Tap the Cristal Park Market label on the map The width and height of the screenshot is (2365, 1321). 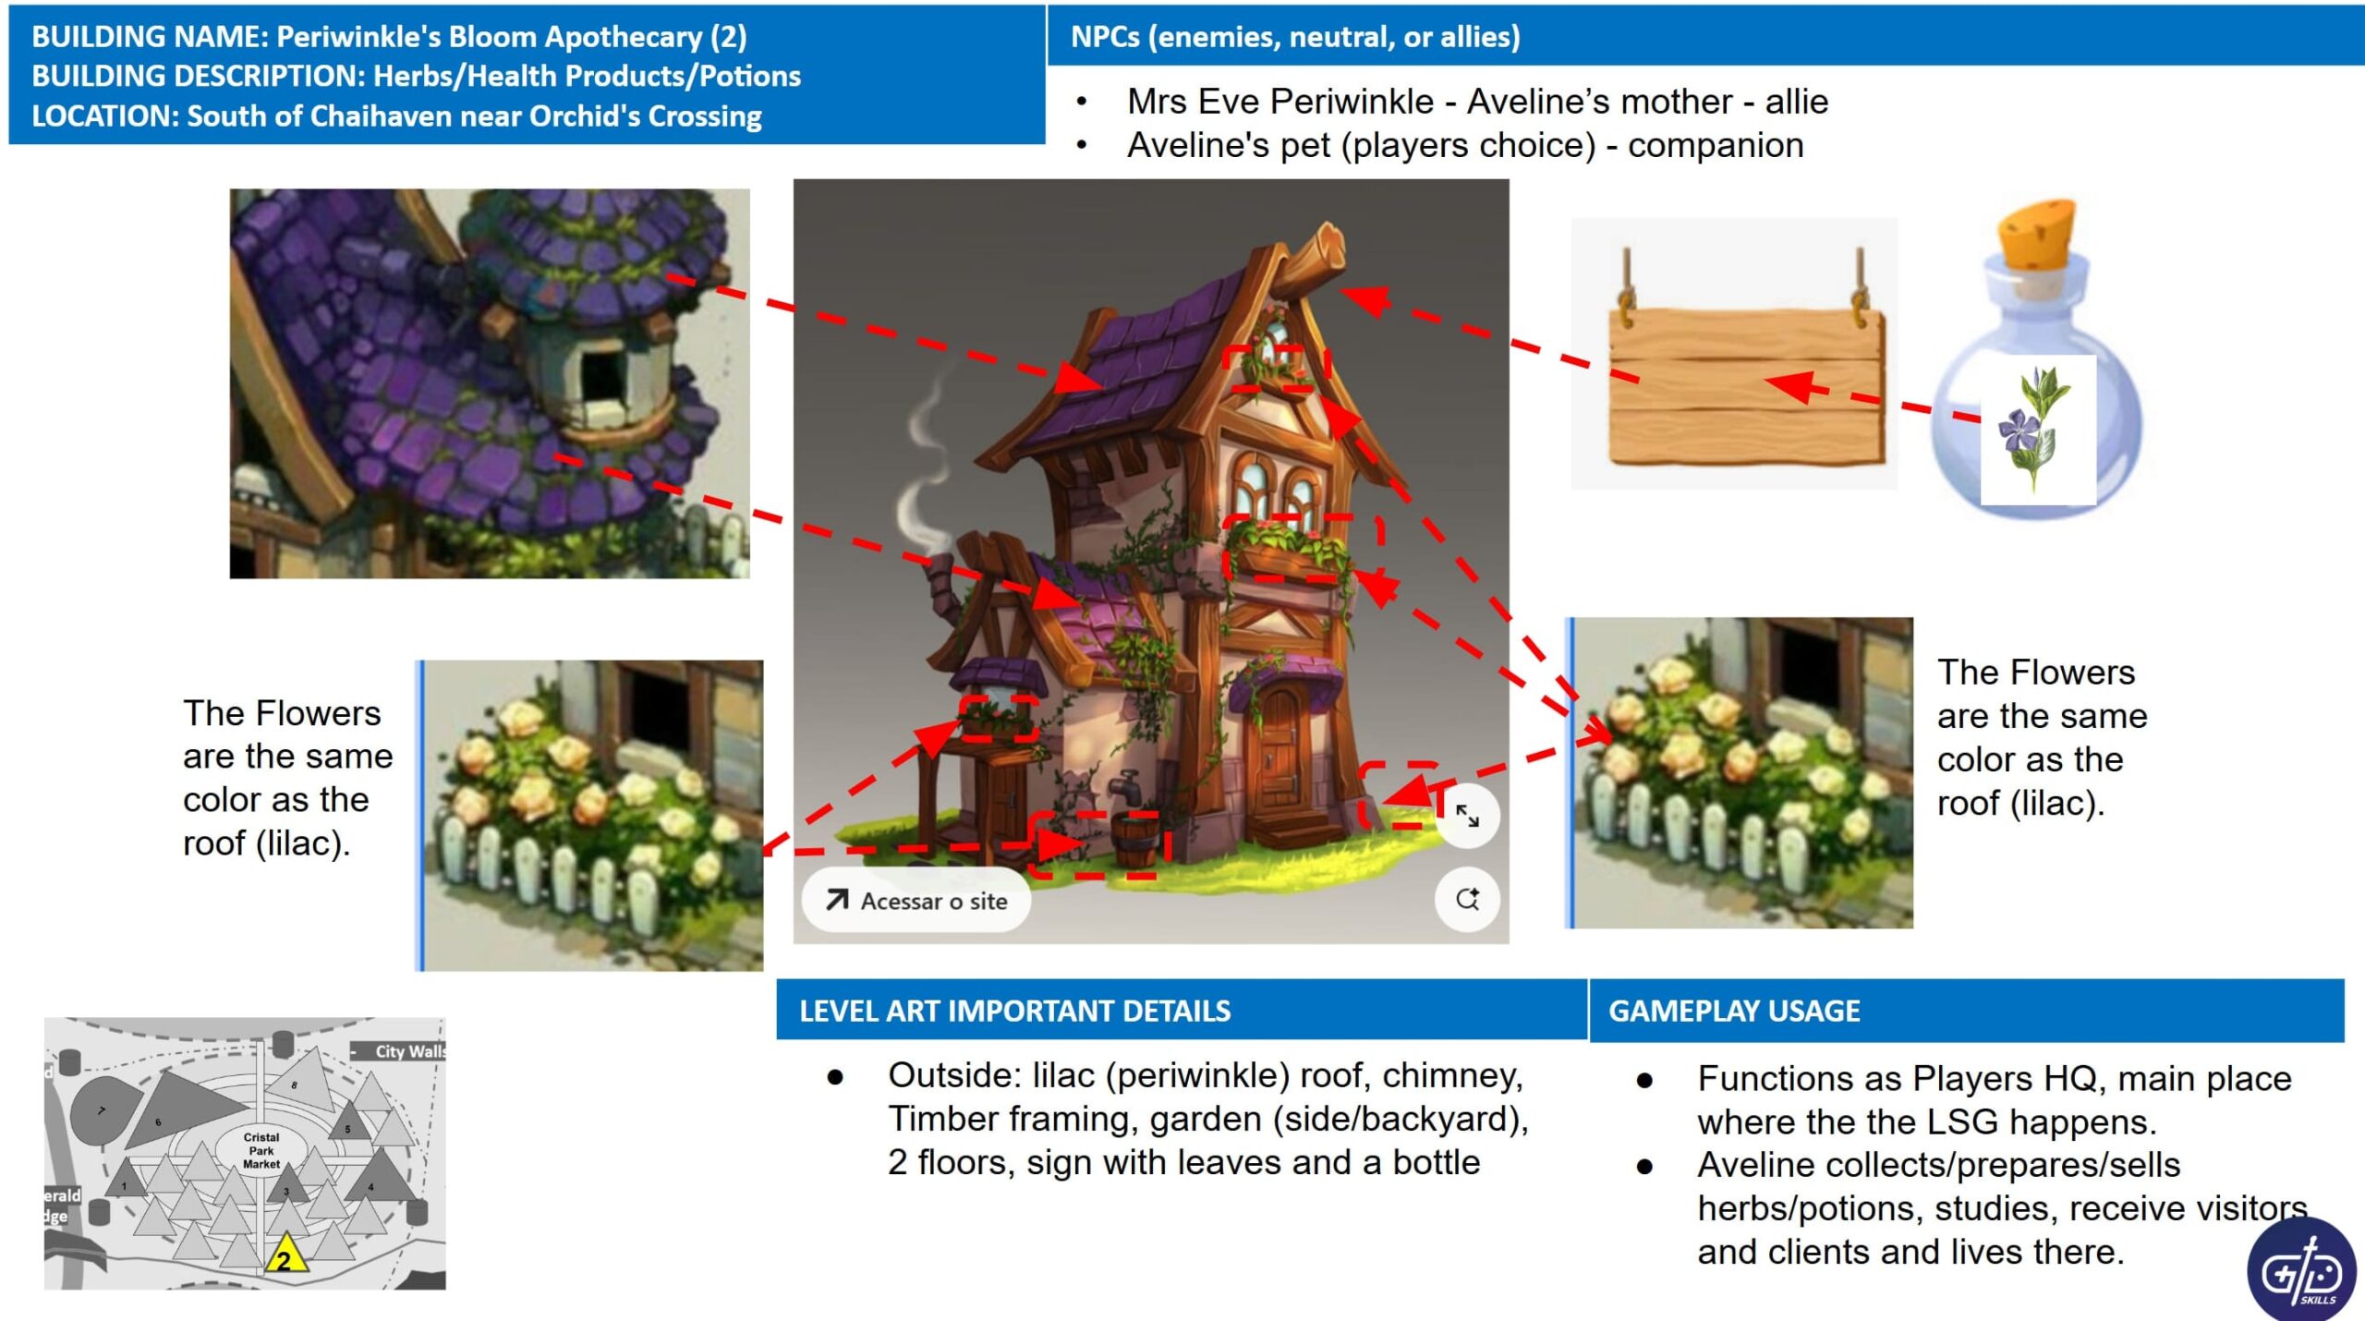coord(261,1150)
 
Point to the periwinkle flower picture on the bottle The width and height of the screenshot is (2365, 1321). coord(2037,430)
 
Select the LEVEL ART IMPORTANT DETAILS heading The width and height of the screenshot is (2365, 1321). coord(1014,1011)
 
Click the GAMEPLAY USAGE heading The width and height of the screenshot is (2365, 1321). coord(1734,1011)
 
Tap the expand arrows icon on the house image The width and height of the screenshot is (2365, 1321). coord(1467,816)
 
